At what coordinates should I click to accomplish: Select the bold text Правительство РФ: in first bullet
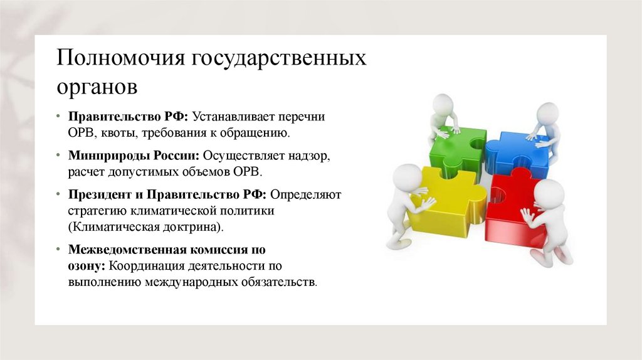pyautogui.click(x=129, y=117)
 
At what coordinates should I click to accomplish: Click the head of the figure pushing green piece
pyautogui.click(x=443, y=103)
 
